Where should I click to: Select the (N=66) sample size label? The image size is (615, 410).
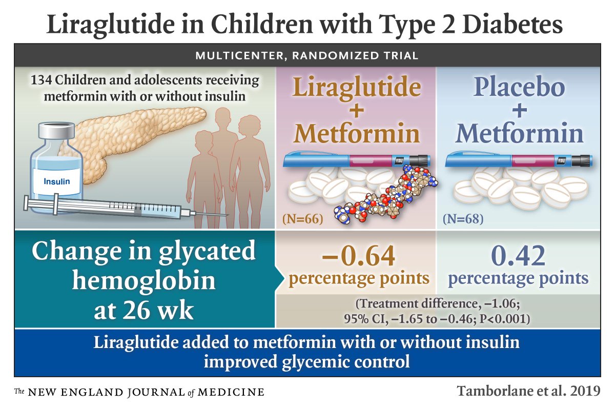(302, 219)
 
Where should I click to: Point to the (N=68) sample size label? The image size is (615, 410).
(463, 219)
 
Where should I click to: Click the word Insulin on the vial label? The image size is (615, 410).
(57, 181)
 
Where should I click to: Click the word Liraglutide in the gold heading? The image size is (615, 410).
(357, 88)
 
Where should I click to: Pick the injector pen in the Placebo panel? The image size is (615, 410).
(518, 161)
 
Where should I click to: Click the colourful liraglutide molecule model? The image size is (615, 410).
(389, 197)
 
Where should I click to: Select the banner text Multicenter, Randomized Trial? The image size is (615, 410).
(307, 55)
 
